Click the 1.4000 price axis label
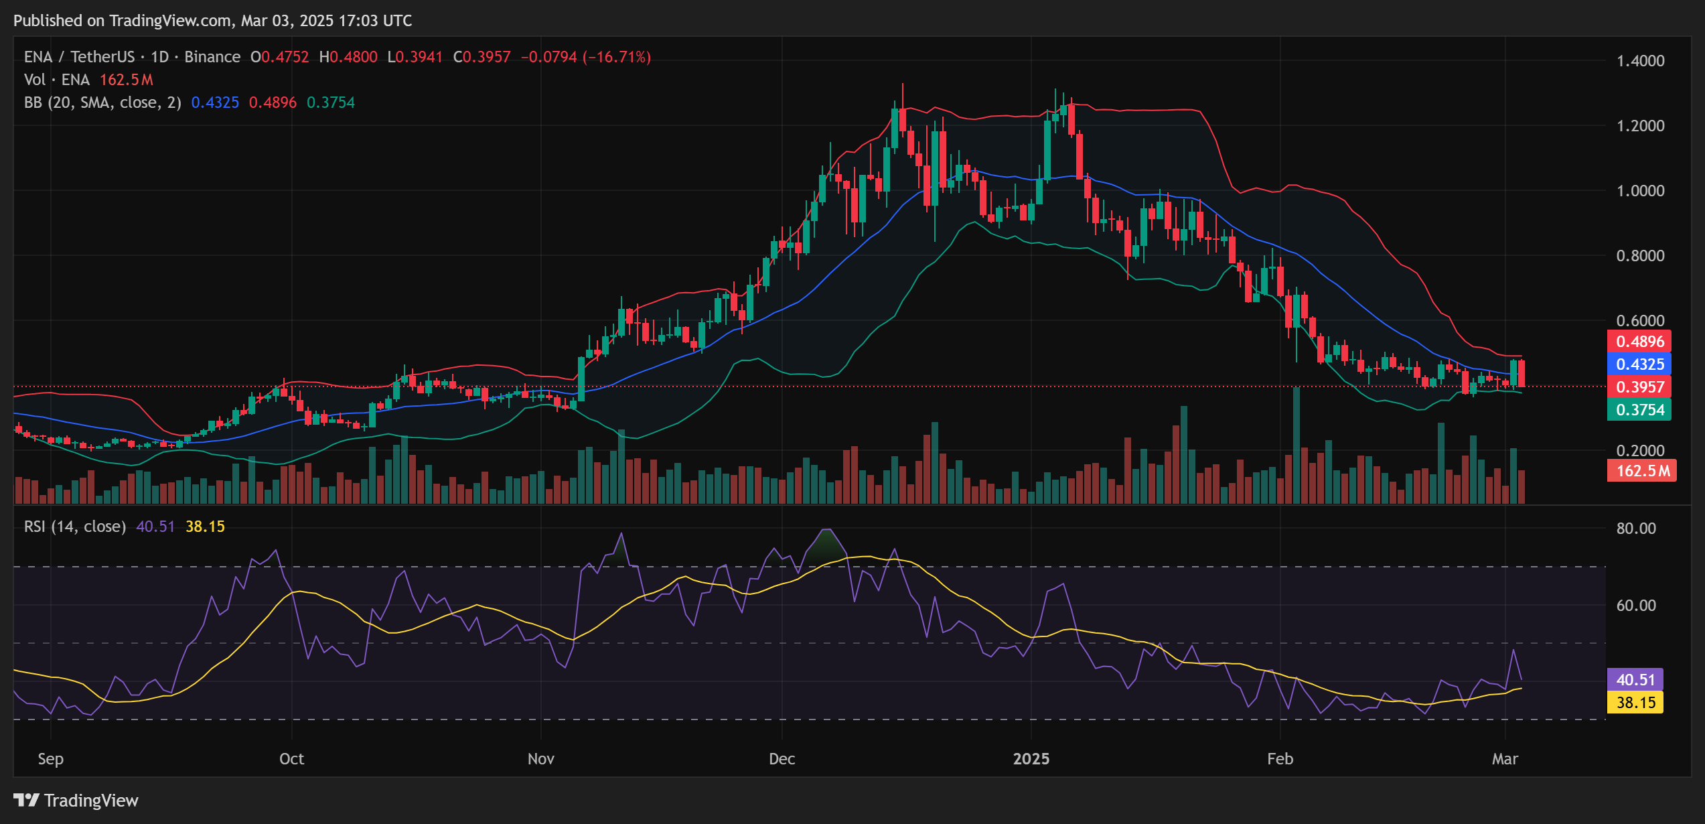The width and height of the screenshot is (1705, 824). click(x=1640, y=61)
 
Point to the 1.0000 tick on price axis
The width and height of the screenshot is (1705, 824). click(x=1640, y=191)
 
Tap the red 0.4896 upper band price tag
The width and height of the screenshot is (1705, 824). click(x=1639, y=342)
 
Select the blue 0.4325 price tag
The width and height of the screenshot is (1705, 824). click(x=1639, y=364)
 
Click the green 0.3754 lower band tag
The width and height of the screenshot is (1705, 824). click(x=1639, y=410)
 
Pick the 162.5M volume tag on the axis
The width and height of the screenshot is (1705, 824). click(x=1641, y=471)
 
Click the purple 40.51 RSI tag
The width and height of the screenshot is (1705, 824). click(x=1635, y=680)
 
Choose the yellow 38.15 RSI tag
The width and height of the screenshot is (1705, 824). click(x=1635, y=703)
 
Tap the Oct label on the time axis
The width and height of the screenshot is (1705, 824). click(x=291, y=759)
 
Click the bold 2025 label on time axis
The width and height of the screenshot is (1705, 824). click(x=1031, y=759)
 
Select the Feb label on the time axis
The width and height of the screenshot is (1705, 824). click(x=1280, y=759)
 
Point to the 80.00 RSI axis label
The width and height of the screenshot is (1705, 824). click(x=1635, y=529)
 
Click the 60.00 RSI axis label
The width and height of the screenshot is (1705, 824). click(x=1635, y=606)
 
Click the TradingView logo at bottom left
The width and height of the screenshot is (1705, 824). click(x=76, y=801)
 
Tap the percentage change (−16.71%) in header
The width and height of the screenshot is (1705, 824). click(x=617, y=57)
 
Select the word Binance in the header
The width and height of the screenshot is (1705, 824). click(x=212, y=57)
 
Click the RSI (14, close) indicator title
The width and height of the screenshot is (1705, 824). click(x=75, y=527)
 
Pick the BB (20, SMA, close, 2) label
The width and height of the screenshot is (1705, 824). click(x=102, y=102)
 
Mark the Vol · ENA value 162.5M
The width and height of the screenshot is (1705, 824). click(x=127, y=80)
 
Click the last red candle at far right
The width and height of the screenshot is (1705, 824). click(x=1522, y=373)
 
